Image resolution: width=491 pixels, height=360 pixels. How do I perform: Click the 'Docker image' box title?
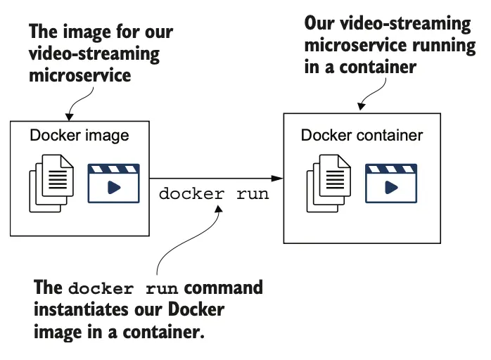(79, 135)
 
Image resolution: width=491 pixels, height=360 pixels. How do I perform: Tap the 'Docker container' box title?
(362, 135)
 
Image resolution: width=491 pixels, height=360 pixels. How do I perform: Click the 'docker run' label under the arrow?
(214, 194)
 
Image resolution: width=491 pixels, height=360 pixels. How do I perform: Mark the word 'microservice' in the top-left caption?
(79, 76)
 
